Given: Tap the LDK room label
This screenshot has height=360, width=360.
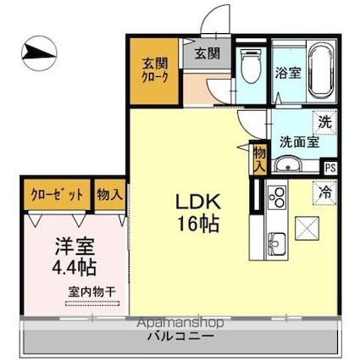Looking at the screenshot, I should pos(198,202).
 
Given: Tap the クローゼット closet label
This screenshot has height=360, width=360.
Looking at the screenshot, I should pos(58,194).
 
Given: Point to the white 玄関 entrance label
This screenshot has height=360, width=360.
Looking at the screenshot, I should pos(207,53).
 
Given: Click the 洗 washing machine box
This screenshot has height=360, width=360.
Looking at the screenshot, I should pos(323,121).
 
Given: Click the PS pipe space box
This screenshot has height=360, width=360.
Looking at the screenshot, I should pos(330,168).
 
